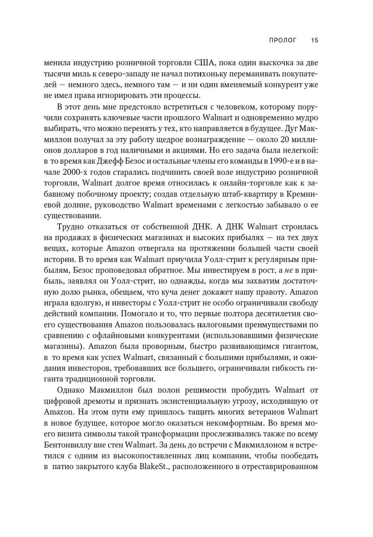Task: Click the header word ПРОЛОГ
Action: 282,40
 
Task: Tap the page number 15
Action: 314,40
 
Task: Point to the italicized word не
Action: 289,271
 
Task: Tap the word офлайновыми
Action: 137,336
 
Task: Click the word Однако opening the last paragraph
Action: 70,390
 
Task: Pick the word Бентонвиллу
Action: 69,445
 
